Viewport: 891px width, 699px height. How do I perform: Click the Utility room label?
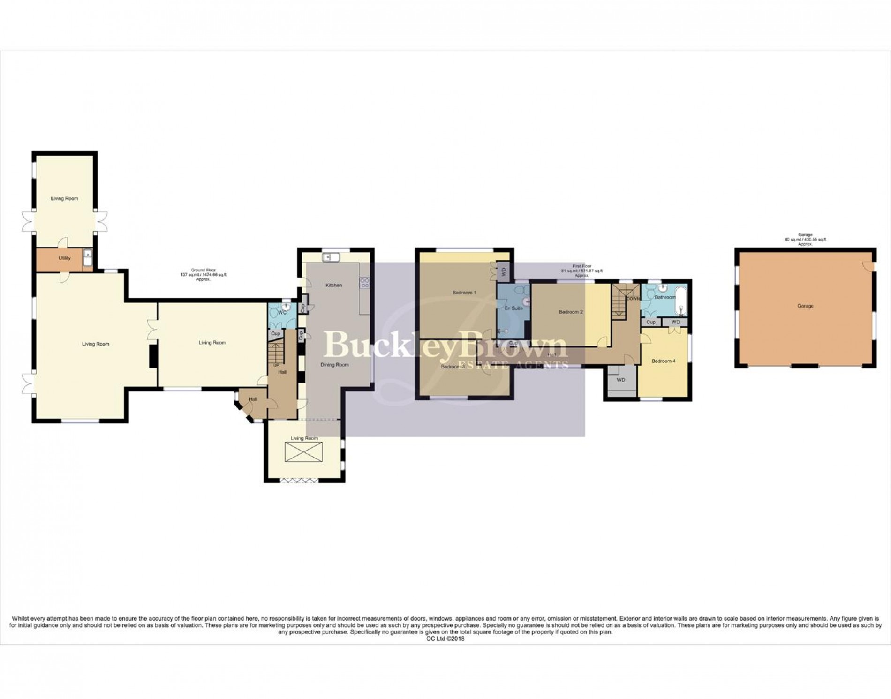pyautogui.click(x=65, y=258)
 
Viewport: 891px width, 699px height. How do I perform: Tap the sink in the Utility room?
pyautogui.click(x=88, y=258)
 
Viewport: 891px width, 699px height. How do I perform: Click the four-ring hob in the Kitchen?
pyautogui.click(x=364, y=283)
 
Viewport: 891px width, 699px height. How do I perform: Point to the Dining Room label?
pyautogui.click(x=334, y=365)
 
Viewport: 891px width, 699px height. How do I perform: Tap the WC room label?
pyautogui.click(x=282, y=312)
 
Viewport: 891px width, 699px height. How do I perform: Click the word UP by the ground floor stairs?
pyautogui.click(x=276, y=365)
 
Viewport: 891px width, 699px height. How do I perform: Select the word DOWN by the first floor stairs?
pyautogui.click(x=633, y=298)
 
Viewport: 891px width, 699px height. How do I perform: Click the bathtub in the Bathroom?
pyautogui.click(x=680, y=303)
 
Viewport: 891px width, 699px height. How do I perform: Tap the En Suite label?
pyautogui.click(x=513, y=308)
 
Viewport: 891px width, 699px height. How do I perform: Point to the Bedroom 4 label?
pyautogui.click(x=664, y=361)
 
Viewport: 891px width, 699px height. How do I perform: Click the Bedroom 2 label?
pyautogui.click(x=571, y=312)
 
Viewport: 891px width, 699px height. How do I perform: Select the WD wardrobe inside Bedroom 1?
pyautogui.click(x=504, y=271)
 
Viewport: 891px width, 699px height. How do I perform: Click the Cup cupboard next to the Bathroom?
pyautogui.click(x=650, y=323)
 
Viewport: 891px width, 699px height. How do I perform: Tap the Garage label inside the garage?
pyautogui.click(x=805, y=306)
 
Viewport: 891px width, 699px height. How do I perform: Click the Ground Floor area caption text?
pyautogui.click(x=204, y=274)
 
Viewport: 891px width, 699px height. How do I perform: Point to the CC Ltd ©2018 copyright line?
pyautogui.click(x=445, y=639)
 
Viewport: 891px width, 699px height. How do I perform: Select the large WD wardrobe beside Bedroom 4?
pyautogui.click(x=621, y=380)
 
